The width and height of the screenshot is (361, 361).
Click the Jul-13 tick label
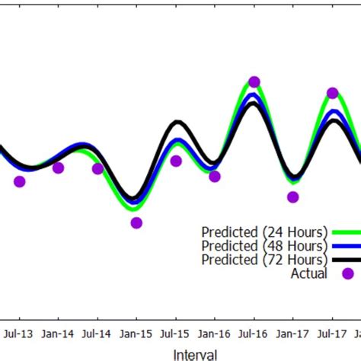pos(19,333)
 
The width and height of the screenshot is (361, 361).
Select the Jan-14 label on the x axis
pos(58,333)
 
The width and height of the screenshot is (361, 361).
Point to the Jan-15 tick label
pos(136,333)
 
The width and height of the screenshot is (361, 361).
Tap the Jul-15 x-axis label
pos(175,333)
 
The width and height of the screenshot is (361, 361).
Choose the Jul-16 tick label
pos(254,333)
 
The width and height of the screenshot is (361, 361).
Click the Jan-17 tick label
pos(293,333)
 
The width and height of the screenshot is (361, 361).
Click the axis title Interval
pos(195,353)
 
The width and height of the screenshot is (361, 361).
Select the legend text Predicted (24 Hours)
pos(264,232)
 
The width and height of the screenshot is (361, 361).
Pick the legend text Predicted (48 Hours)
pos(264,245)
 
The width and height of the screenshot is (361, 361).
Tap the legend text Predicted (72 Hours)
pos(264,260)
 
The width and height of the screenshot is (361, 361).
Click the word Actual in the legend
pos(308,273)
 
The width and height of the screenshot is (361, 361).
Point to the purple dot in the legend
pos(347,273)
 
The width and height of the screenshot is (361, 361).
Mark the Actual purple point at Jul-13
pos(20,181)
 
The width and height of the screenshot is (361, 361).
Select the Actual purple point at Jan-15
pos(136,222)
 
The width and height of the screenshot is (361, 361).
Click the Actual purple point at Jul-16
pos(254,81)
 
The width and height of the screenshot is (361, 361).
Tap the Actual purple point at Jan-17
pos(293,197)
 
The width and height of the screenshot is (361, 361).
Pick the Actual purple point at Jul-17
pos(333,93)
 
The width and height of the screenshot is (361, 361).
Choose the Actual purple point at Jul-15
pos(176,161)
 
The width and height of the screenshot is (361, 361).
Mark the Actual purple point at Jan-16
pos(215,177)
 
